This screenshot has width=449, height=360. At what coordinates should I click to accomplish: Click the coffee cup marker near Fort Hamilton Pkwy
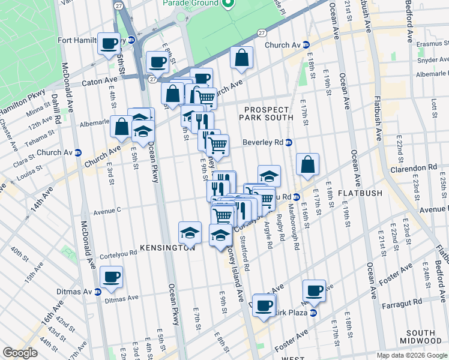pyautogui.click(x=109, y=44)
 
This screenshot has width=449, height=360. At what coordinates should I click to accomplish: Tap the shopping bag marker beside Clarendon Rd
pyautogui.click(x=307, y=164)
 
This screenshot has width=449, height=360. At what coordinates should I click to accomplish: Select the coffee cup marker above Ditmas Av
pyautogui.click(x=111, y=277)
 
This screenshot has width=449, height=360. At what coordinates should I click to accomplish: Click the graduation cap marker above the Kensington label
pyautogui.click(x=190, y=232)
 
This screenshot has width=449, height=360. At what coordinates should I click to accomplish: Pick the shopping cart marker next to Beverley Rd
pyautogui.click(x=217, y=145)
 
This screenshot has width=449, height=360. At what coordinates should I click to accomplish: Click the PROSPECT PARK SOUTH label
pyautogui.click(x=268, y=112)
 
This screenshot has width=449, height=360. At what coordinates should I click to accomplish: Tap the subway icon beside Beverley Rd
pyautogui.click(x=289, y=143)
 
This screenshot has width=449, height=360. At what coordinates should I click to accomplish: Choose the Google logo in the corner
pyautogui.click(x=20, y=353)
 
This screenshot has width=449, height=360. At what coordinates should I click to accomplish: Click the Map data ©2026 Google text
pyautogui.click(x=412, y=355)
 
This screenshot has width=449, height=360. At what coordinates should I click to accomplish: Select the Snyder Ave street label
pyautogui.click(x=432, y=60)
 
